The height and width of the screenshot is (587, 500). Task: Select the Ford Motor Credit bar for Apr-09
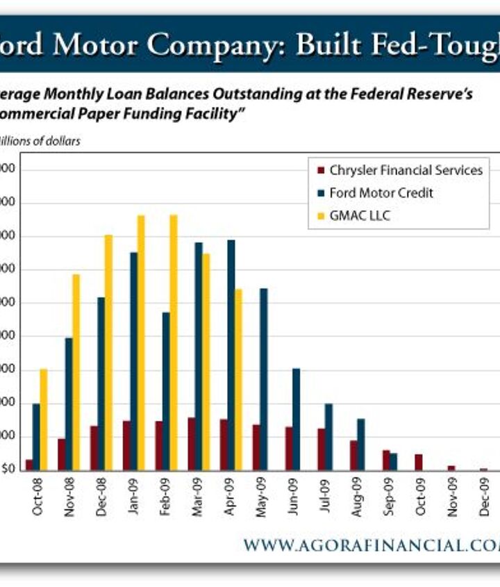(x=231, y=355)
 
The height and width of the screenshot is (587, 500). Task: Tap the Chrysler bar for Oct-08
(x=29, y=465)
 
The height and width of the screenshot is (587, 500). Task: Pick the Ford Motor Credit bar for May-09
(x=263, y=379)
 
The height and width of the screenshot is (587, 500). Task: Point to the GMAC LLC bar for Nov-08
(x=76, y=372)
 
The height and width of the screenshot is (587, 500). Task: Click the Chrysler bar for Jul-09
(x=321, y=449)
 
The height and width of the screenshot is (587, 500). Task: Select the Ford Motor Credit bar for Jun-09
(x=296, y=419)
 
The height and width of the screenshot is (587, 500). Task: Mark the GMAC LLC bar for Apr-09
(x=239, y=379)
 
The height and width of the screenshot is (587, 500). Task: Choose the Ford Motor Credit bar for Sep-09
(x=394, y=462)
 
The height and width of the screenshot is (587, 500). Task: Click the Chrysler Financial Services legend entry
(x=406, y=170)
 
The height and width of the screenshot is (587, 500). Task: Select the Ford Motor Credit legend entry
(x=381, y=192)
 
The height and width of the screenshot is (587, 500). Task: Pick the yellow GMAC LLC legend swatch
(x=319, y=215)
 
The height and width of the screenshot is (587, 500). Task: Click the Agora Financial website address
(x=371, y=545)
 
